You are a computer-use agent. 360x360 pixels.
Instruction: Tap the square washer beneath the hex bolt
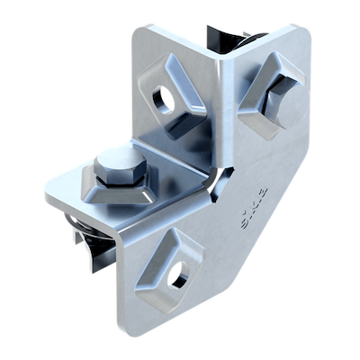tap(135, 191)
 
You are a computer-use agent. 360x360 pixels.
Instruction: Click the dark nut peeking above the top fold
tap(229, 37)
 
